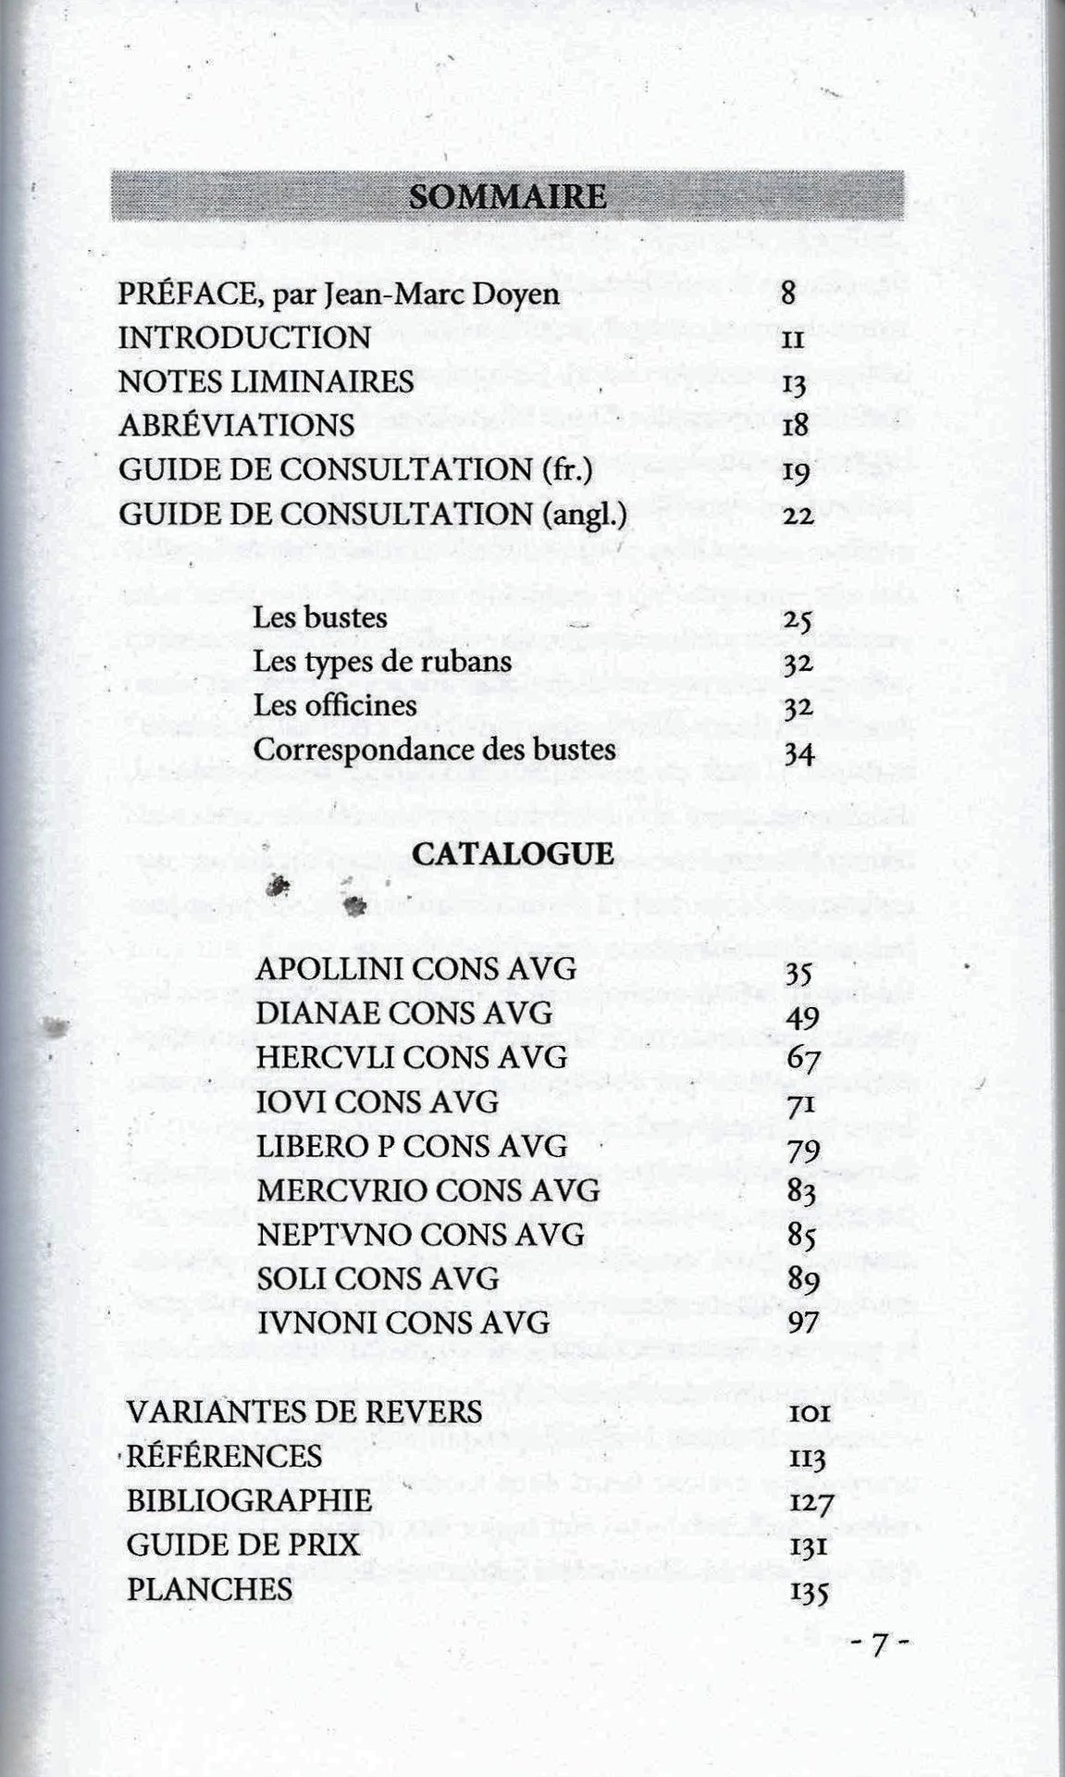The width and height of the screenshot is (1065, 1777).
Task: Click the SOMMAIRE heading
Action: [507, 197]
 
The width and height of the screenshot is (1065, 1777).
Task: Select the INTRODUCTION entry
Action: [244, 338]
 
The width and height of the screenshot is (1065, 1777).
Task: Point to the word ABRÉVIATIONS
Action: [236, 426]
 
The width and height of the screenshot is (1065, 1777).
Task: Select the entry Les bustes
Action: [320, 617]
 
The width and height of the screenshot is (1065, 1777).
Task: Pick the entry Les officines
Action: [335, 705]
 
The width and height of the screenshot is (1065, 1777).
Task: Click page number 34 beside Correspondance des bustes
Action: [798, 752]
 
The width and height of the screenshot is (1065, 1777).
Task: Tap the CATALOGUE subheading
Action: [513, 853]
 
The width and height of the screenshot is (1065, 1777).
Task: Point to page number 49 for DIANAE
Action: [801, 1016]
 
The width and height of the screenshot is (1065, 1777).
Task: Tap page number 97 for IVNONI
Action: [801, 1324]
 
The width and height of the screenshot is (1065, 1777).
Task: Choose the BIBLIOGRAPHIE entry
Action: [249, 1500]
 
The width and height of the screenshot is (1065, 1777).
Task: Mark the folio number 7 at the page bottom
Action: [880, 1645]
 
